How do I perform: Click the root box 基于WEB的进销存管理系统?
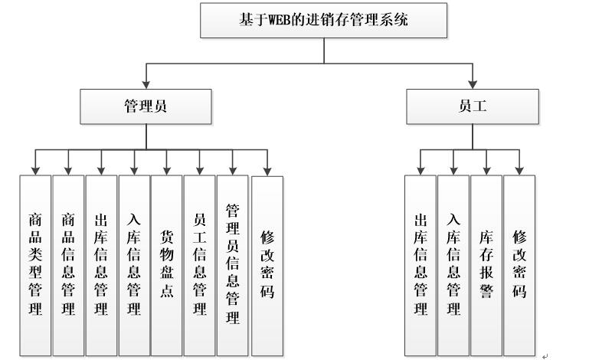point(323,21)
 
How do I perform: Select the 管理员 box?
point(146,106)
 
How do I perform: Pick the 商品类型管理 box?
point(35,264)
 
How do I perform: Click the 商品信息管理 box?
point(68,264)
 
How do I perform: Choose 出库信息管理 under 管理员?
point(101,264)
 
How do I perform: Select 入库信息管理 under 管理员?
point(134,264)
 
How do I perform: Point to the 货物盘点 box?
point(167,264)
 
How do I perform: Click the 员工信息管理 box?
point(200,264)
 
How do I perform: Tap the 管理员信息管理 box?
point(233,264)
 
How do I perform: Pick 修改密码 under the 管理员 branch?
point(267,264)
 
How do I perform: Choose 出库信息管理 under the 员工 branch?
point(420,264)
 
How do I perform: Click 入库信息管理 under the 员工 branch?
point(453,264)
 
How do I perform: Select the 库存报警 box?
point(486,264)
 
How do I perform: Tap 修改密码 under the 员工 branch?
point(519,264)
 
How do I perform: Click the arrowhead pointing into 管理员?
point(146,84)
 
